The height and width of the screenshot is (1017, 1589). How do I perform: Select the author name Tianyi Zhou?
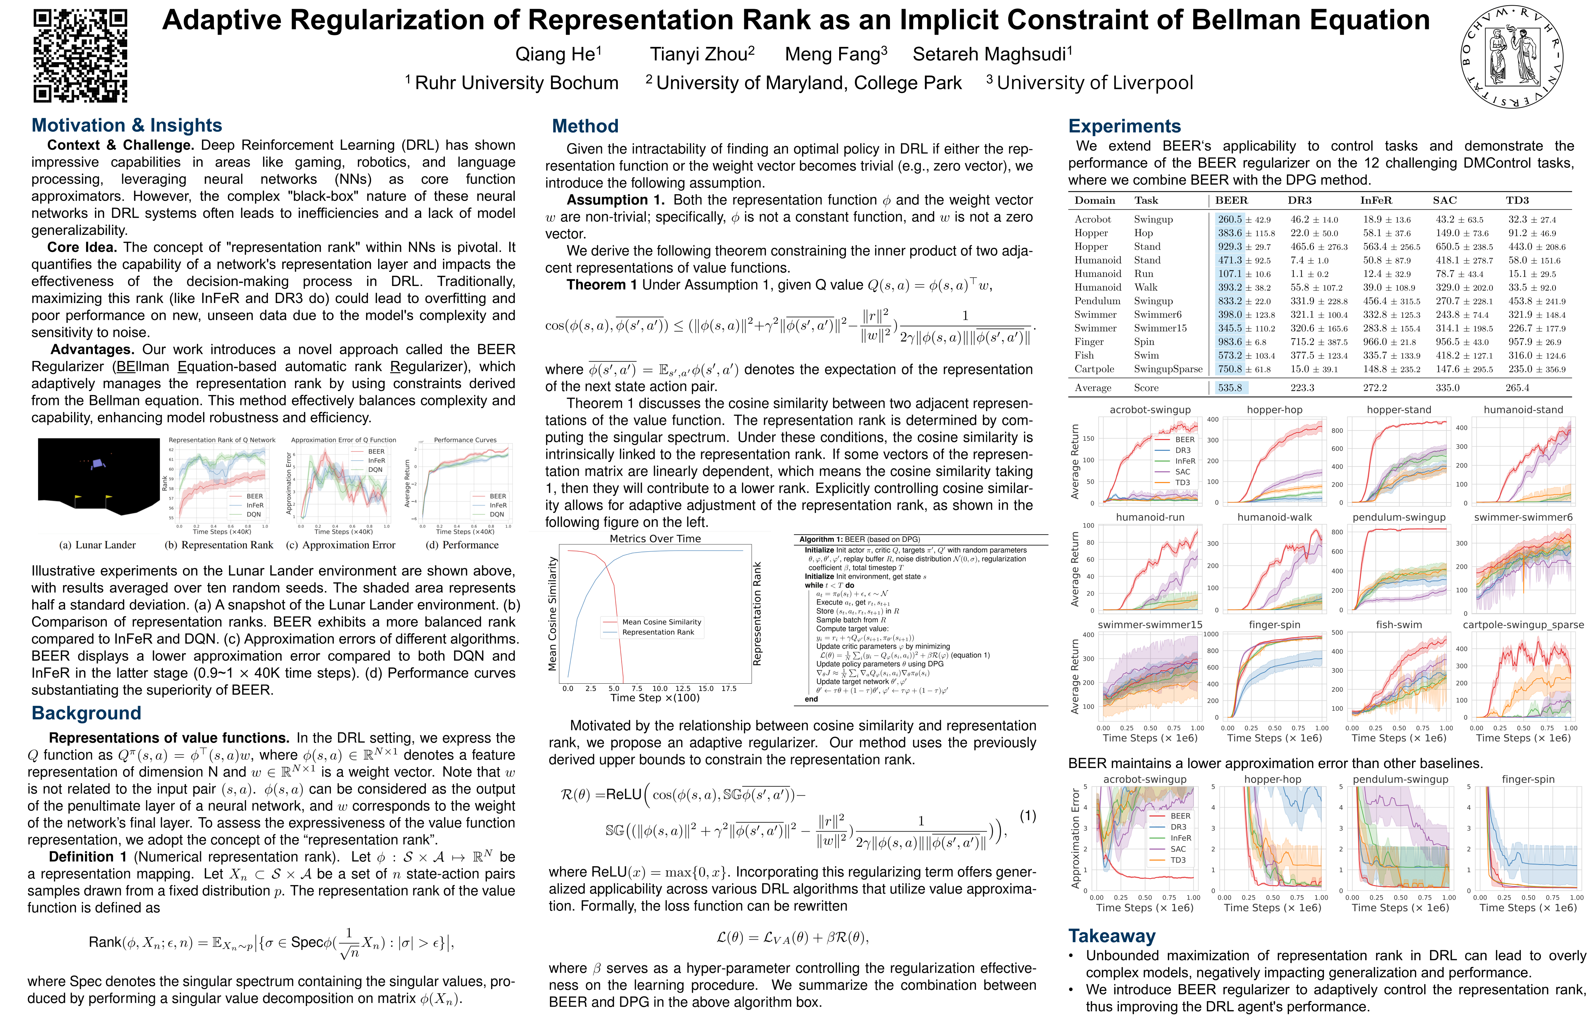point(702,54)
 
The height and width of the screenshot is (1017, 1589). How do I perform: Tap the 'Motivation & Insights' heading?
point(127,125)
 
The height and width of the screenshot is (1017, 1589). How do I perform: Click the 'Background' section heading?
point(86,713)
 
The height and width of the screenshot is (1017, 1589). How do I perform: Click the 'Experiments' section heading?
point(1124,126)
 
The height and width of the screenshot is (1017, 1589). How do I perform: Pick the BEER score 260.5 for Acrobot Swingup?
point(1230,219)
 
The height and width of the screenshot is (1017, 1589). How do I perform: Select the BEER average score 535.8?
point(1230,388)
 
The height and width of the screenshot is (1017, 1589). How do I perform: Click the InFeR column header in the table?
point(1376,200)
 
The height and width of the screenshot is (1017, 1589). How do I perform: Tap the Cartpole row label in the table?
point(1094,369)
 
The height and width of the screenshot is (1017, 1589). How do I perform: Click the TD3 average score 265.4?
point(1517,388)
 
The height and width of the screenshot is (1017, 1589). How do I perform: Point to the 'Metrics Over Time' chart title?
point(655,539)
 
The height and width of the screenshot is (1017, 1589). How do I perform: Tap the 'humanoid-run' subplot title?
point(1150,517)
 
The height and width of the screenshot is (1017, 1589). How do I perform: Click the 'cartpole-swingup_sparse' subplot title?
point(1523,625)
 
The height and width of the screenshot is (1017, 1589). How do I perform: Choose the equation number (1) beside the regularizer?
point(1027,816)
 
